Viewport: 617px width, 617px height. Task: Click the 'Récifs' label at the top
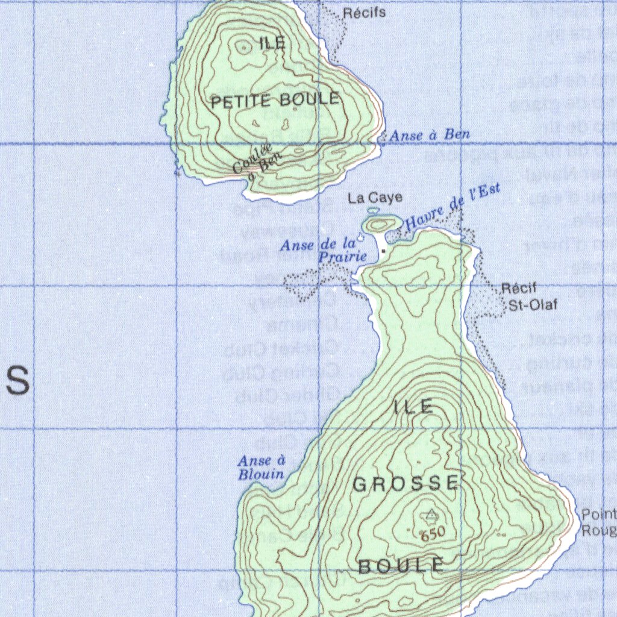tap(365, 12)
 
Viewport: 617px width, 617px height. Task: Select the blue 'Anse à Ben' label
tap(430, 135)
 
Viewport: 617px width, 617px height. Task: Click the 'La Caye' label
tap(375, 197)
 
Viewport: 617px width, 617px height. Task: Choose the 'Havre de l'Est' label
tap(453, 207)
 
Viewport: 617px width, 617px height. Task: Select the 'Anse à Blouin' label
tap(261, 468)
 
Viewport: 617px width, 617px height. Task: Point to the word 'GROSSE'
tap(406, 483)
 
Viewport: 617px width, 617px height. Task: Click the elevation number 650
tap(432, 533)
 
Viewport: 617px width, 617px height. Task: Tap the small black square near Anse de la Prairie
tap(383, 250)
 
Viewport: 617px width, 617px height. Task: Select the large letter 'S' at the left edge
tap(18, 380)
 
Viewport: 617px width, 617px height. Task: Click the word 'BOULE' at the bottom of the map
tap(401, 565)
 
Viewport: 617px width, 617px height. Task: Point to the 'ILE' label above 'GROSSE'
tap(413, 407)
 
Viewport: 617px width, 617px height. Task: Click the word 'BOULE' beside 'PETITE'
tap(309, 99)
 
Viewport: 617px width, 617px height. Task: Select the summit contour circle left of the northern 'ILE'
tap(244, 47)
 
